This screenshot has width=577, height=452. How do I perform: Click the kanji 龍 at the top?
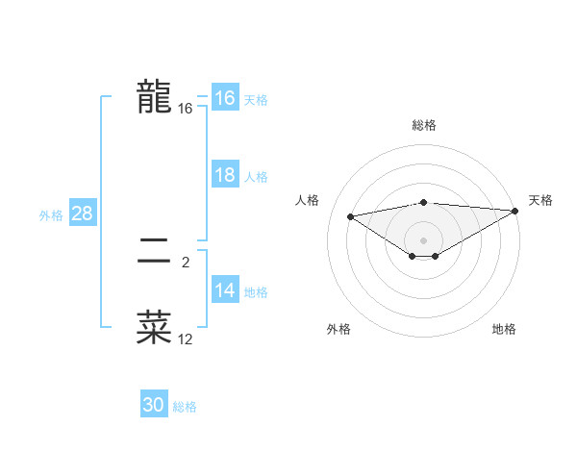coord(154,97)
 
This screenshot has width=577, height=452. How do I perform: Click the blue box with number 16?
coord(224,98)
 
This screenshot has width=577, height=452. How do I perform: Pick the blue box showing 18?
coord(224,175)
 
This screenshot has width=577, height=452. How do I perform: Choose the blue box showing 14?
coord(224,290)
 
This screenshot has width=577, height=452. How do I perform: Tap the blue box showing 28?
coord(82,213)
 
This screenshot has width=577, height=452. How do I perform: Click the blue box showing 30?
coord(154,405)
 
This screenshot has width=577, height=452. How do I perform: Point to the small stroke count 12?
coord(186,339)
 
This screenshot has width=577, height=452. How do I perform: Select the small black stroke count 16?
coord(186,110)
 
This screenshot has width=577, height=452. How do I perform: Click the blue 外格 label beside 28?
coord(51,215)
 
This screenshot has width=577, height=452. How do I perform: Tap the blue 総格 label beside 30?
coord(185,407)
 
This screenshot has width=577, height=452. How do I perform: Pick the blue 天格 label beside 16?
coord(256,100)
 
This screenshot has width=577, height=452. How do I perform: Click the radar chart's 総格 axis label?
coord(424,125)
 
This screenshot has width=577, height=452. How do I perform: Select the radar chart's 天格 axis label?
coord(540,200)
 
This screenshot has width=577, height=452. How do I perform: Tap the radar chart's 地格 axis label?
coord(504,330)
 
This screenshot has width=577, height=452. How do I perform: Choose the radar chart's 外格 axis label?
coord(339,330)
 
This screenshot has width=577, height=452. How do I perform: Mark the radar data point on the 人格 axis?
coord(351,215)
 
